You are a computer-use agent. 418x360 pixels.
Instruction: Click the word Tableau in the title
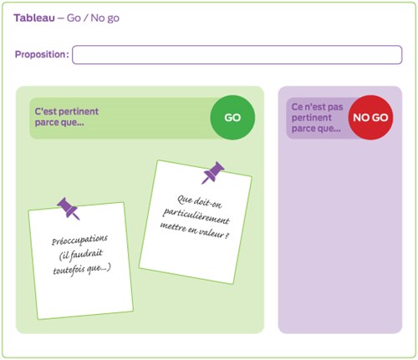pos(34,18)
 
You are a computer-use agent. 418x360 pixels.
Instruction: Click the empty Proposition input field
pos(237,55)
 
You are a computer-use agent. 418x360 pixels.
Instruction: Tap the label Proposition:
pos(42,54)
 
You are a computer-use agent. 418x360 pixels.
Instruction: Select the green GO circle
pos(232,118)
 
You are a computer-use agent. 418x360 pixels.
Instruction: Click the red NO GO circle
pos(370,118)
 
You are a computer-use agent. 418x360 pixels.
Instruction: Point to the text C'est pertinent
pos(66,111)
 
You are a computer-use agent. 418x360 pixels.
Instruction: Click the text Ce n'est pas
pos(317,107)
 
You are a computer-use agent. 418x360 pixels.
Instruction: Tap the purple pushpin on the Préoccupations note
pos(69,209)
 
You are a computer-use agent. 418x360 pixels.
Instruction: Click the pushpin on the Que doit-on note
pos(213,172)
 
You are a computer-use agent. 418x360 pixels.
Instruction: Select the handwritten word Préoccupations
pos(79,240)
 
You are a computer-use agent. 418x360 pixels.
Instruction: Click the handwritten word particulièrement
pos(196,216)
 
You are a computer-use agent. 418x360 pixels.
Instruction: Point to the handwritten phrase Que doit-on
pos(200,202)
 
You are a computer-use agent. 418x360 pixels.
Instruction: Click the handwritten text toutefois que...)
pos(82,269)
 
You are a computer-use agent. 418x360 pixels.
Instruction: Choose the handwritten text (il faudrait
pos(81,255)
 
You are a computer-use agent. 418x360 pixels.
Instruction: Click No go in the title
pos(105,18)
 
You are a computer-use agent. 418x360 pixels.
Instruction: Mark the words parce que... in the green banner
pos(59,123)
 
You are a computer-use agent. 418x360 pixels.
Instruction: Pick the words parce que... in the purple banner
pos(316,129)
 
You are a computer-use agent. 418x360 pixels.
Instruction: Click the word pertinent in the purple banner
pos(312,118)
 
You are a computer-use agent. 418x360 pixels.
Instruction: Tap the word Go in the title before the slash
pos(74,18)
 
